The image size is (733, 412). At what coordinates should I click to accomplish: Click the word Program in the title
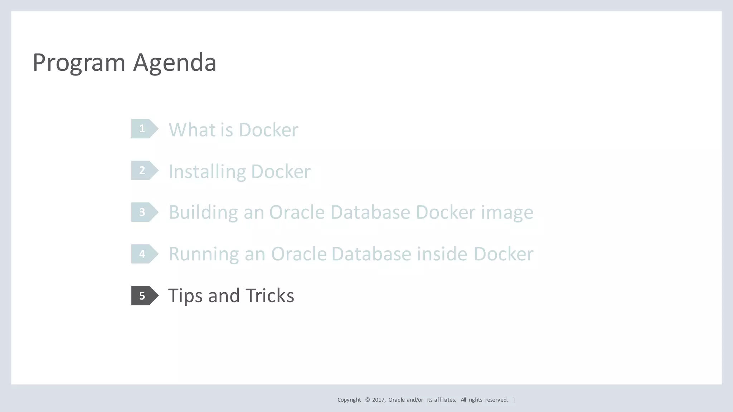click(x=79, y=63)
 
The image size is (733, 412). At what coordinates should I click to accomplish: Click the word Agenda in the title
click(x=175, y=63)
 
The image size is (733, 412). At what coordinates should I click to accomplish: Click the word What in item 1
click(x=191, y=129)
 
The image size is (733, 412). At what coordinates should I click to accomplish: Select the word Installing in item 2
click(x=207, y=172)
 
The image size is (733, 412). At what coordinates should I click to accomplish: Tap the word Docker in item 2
click(x=281, y=172)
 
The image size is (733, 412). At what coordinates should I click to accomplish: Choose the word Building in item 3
click(x=203, y=212)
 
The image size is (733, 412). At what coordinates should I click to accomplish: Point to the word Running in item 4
click(x=204, y=254)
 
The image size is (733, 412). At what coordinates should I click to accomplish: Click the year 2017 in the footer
click(x=378, y=400)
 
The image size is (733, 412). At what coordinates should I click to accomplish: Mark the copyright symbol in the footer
click(x=367, y=400)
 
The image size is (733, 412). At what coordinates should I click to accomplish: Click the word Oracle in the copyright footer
click(x=397, y=400)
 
